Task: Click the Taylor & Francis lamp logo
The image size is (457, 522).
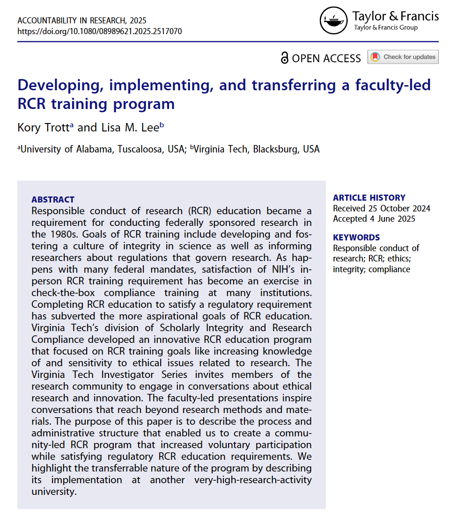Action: pos(334,21)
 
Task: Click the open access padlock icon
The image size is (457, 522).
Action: pos(285,58)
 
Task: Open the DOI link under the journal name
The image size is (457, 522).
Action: pos(100,31)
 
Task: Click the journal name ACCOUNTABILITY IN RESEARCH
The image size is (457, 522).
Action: pos(82,21)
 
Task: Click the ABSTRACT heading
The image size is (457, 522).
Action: pos(52,200)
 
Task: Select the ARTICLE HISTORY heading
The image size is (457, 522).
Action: pos(369,197)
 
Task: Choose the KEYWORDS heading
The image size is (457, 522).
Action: pos(356,237)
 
